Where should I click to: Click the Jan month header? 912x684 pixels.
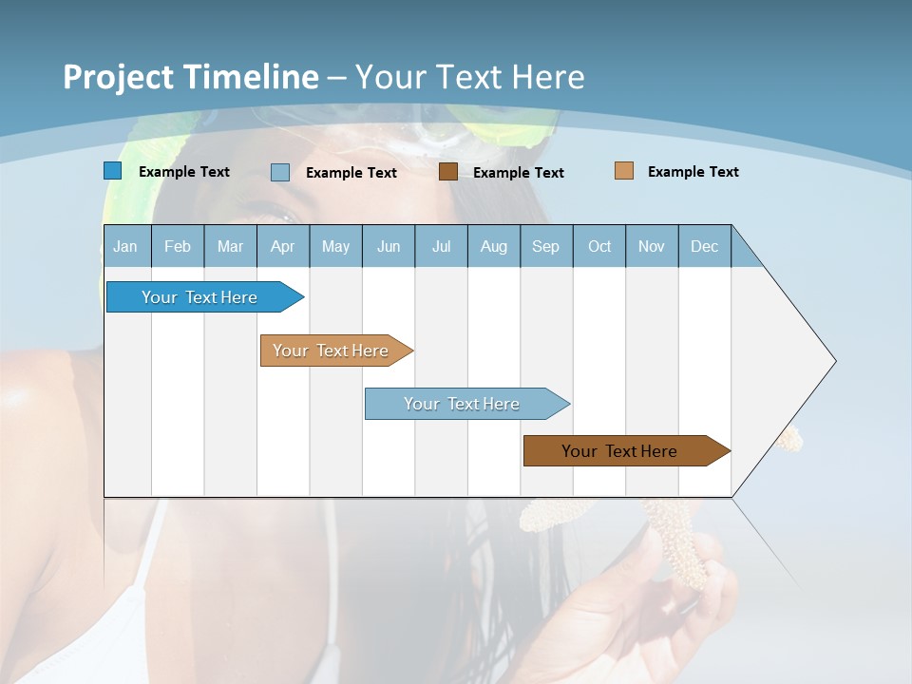[125, 246]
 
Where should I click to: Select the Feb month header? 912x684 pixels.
[178, 246]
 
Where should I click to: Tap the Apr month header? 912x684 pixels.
[282, 246]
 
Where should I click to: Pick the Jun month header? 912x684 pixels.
[389, 246]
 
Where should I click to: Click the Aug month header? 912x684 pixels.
[493, 246]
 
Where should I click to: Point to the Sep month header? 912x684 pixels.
[545, 246]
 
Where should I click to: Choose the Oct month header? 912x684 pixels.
[599, 246]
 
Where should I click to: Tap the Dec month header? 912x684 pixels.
[704, 246]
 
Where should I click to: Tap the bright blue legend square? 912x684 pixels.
[113, 171]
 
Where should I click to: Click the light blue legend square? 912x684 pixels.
[280, 172]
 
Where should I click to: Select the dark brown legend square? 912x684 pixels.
[448, 172]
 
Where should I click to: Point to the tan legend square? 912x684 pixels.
[623, 171]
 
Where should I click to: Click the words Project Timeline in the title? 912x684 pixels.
[191, 77]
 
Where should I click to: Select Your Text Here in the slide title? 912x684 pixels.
[470, 77]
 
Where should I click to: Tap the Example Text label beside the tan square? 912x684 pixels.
[693, 172]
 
